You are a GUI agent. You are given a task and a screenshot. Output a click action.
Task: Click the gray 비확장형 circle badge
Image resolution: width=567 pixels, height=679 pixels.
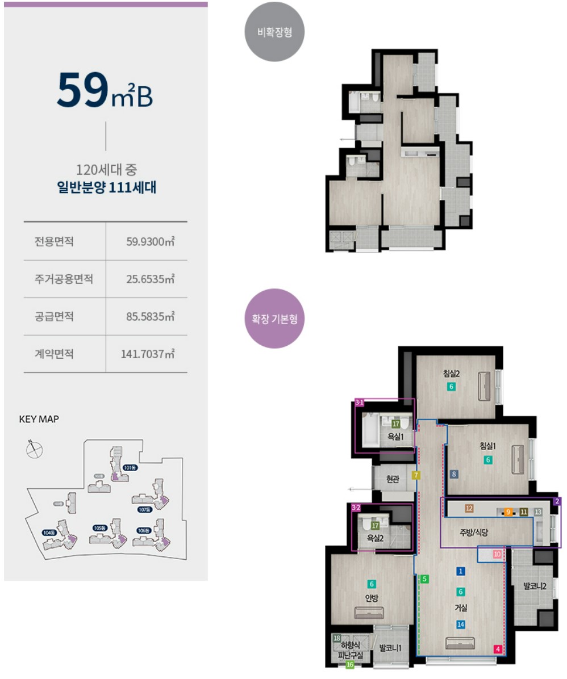click(274, 32)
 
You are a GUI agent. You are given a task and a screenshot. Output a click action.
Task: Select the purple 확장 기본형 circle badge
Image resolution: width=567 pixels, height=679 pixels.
click(274, 318)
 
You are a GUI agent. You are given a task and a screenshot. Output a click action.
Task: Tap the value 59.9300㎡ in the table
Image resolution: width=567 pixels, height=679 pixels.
click(150, 242)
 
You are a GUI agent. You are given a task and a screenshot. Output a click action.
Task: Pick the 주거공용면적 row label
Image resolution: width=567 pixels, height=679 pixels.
click(64, 279)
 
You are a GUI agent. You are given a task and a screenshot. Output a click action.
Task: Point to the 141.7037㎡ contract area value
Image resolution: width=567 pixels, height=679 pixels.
click(147, 354)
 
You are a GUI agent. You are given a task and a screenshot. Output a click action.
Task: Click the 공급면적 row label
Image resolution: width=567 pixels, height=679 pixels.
click(55, 317)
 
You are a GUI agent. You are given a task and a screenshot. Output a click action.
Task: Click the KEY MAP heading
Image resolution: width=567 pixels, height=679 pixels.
click(39, 420)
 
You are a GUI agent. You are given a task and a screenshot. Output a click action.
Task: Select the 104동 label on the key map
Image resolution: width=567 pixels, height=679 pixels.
click(49, 532)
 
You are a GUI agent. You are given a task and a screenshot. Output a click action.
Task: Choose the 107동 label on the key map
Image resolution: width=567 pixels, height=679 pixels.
click(145, 509)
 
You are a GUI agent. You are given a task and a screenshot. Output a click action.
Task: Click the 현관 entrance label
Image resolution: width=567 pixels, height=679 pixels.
click(392, 479)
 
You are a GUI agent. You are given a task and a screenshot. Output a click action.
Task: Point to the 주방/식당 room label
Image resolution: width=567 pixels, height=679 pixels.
click(474, 533)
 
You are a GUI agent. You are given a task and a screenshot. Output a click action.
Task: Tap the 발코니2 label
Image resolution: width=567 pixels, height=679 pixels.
click(536, 586)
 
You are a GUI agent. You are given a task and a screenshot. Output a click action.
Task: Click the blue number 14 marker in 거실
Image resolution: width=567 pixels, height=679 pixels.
click(461, 624)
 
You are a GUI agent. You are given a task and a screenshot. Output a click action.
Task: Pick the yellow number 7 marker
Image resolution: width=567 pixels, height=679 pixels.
click(416, 475)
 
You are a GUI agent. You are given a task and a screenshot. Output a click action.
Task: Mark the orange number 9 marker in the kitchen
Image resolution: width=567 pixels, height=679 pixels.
click(508, 512)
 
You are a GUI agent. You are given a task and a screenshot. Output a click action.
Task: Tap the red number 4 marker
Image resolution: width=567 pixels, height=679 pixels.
click(498, 649)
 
